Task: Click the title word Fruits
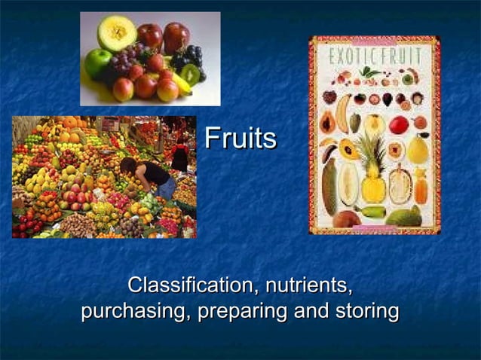(240, 139)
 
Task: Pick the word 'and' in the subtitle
(310, 311)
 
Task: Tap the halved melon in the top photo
(118, 32)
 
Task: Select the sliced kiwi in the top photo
(189, 75)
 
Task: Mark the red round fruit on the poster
(398, 124)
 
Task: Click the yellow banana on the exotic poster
(342, 113)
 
